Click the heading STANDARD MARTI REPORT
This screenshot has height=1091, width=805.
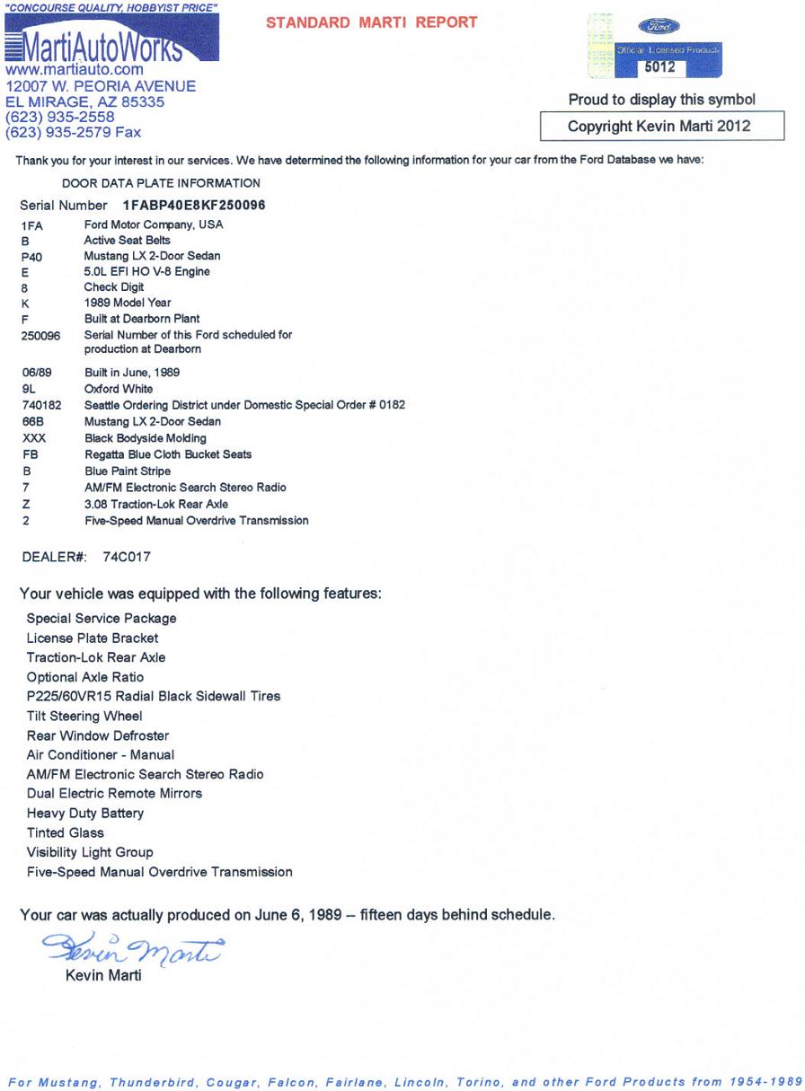(372, 22)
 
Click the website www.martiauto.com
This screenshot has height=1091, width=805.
(75, 69)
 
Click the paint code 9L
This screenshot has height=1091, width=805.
(28, 390)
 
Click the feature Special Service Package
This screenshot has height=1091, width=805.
(102, 619)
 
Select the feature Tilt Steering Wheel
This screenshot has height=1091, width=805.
(84, 717)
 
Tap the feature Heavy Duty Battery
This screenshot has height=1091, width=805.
(85, 814)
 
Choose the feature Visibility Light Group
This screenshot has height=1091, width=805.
(90, 852)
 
